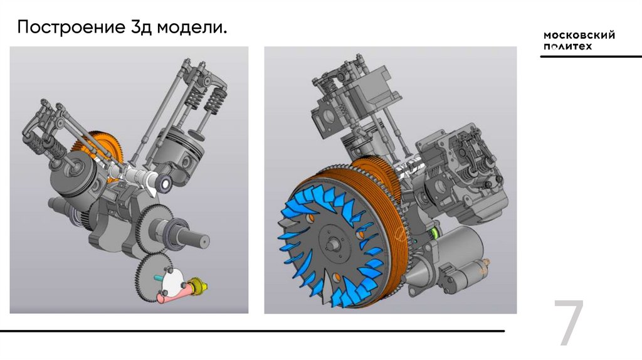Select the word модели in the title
(191, 28)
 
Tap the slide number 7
(569, 322)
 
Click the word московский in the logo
(579, 35)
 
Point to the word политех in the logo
(568, 46)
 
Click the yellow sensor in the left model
(197, 286)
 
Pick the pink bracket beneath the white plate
(174, 295)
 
